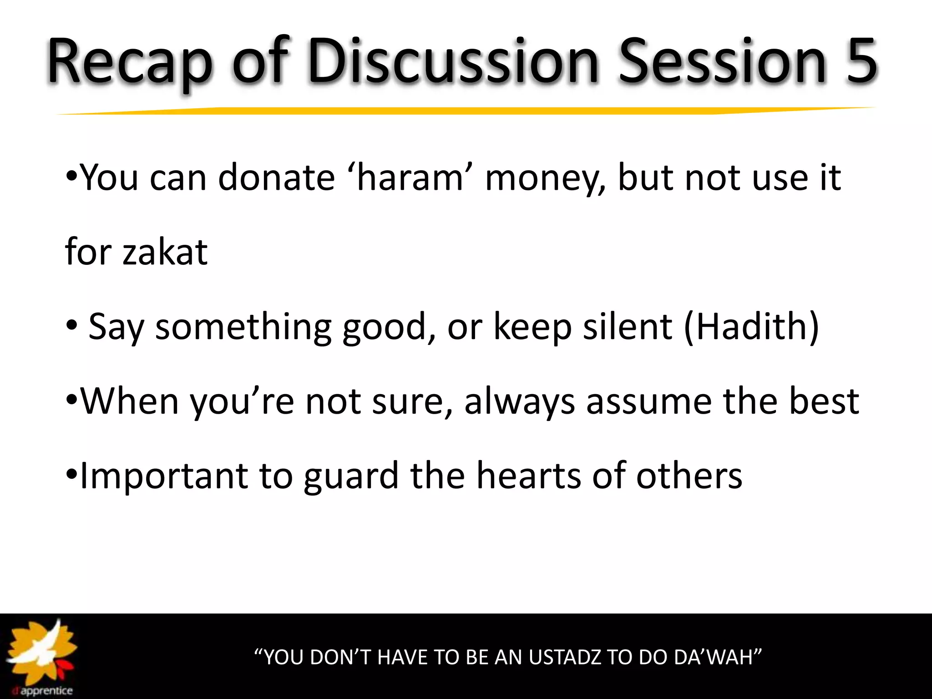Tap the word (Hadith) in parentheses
[751, 326]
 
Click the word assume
[649, 401]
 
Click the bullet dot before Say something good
[72, 326]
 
